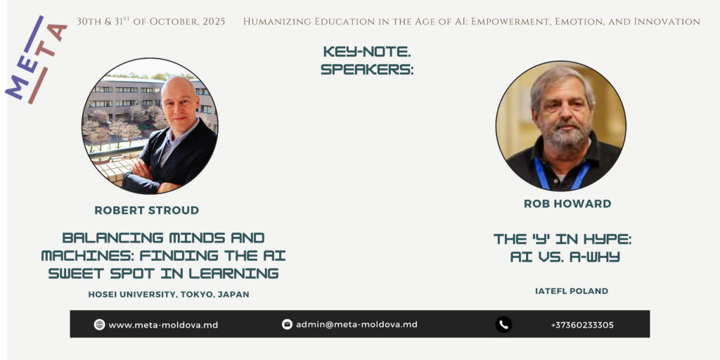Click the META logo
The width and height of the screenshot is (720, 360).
tap(36, 60)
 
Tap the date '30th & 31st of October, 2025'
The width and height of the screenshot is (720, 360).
tap(151, 22)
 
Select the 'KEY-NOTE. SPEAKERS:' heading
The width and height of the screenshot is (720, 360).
tap(367, 60)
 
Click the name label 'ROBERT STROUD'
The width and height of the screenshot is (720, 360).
tap(147, 210)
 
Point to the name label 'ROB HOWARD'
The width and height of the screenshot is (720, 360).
tap(567, 203)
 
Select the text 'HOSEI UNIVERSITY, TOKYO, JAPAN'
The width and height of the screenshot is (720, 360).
tap(169, 295)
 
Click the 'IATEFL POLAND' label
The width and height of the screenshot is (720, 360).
tap(572, 291)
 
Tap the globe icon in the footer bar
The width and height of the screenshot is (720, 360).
tap(99, 325)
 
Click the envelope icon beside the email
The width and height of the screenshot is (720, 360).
tap(287, 325)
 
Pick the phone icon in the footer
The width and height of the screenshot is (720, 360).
tap(503, 325)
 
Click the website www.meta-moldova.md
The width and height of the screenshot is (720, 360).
tap(163, 325)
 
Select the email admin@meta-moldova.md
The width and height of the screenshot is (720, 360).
tap(356, 325)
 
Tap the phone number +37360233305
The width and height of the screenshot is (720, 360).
tap(582, 325)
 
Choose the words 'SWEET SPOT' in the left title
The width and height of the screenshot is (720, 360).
tap(103, 274)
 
